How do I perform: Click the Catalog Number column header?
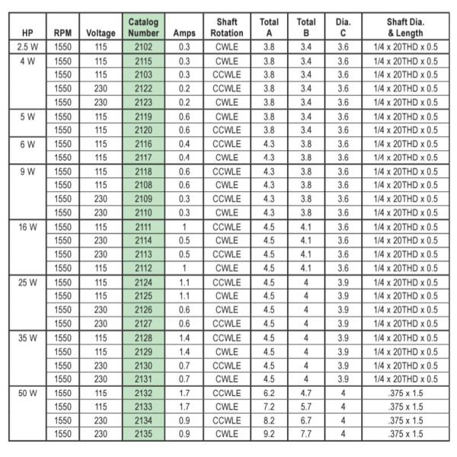tap(144, 27)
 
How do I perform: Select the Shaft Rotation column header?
tap(227, 27)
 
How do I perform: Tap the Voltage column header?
tap(101, 33)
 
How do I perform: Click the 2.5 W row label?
tap(27, 47)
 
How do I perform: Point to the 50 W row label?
tap(27, 393)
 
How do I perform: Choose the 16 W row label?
tap(27, 227)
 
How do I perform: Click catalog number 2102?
tap(144, 47)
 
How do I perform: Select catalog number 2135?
tap(144, 434)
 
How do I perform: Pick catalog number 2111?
tap(144, 227)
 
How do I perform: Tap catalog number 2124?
tap(144, 283)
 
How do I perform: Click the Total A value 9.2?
tap(269, 434)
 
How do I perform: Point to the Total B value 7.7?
tap(305, 434)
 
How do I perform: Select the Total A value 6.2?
tap(269, 393)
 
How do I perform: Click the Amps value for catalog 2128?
tap(184, 337)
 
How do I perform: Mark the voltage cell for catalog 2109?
tap(101, 200)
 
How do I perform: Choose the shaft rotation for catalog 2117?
tap(227, 158)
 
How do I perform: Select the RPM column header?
tap(63, 33)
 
